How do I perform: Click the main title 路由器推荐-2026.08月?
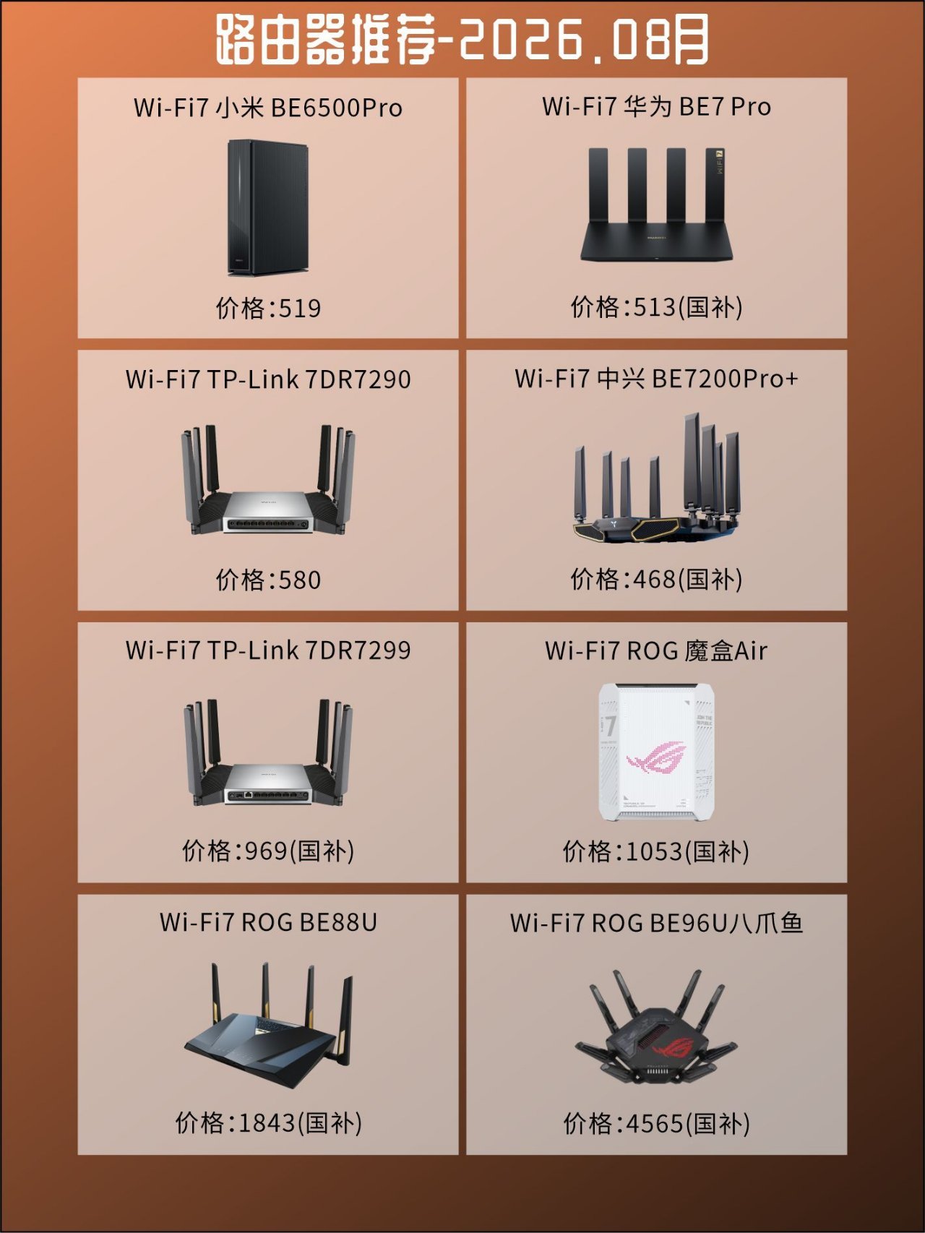462,39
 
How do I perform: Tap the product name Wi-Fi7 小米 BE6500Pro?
268,108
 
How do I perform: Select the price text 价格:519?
268,308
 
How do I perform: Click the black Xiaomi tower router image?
268,207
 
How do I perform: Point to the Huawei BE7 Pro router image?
657,205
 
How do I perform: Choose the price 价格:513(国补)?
657,307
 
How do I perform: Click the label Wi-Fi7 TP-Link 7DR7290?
268,379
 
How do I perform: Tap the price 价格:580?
268,580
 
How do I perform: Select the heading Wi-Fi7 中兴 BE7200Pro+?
657,379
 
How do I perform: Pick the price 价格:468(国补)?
657,579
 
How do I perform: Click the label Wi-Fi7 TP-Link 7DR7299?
268,650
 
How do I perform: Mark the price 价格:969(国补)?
268,851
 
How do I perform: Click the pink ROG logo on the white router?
656,759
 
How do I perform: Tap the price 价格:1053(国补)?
657,851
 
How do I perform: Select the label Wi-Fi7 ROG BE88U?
268,922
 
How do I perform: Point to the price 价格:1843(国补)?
268,1123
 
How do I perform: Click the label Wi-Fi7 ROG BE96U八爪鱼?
657,923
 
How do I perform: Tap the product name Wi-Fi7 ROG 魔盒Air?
657,650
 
